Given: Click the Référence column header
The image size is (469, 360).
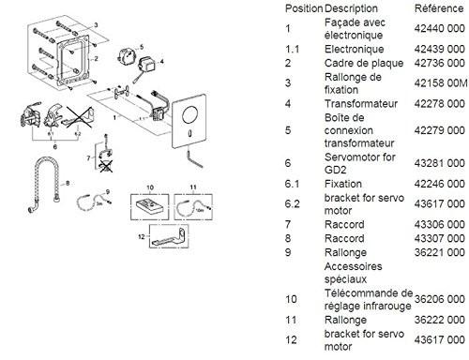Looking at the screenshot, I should click(x=419, y=7).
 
